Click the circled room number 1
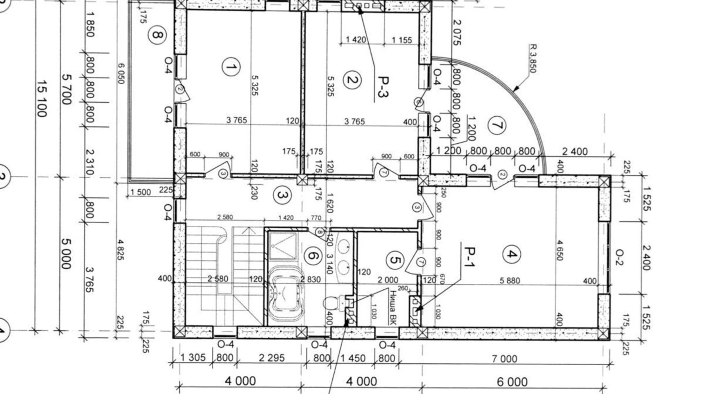click(230, 67)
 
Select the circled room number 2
click(352, 80)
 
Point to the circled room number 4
click(512, 254)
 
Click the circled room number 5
click(395, 260)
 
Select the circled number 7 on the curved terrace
click(497, 125)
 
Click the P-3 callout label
click(383, 87)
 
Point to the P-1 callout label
click(469, 256)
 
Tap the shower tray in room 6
click(283, 246)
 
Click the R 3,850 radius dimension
click(532, 59)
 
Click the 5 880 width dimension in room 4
click(510, 281)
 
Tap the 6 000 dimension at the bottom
click(512, 382)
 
